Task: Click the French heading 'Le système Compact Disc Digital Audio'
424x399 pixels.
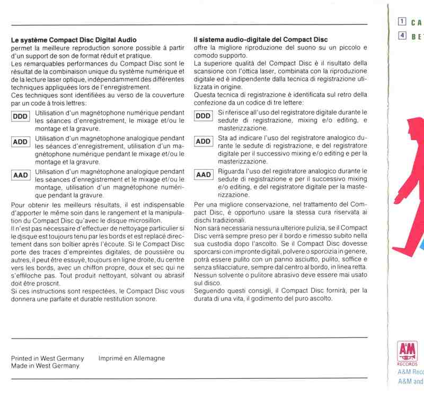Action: (74, 40)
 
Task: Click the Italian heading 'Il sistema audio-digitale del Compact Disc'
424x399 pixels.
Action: (261, 40)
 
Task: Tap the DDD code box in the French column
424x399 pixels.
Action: (21, 116)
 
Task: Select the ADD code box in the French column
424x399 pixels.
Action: (21, 142)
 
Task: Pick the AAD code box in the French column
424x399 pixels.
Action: (21, 175)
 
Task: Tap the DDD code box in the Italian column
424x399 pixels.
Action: (204, 116)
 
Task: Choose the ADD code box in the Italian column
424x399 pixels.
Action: (204, 141)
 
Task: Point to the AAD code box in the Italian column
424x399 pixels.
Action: (204, 175)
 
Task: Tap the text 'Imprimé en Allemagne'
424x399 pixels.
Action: (131, 358)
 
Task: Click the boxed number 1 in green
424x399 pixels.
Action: (403, 22)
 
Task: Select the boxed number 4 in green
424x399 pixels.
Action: (403, 37)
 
